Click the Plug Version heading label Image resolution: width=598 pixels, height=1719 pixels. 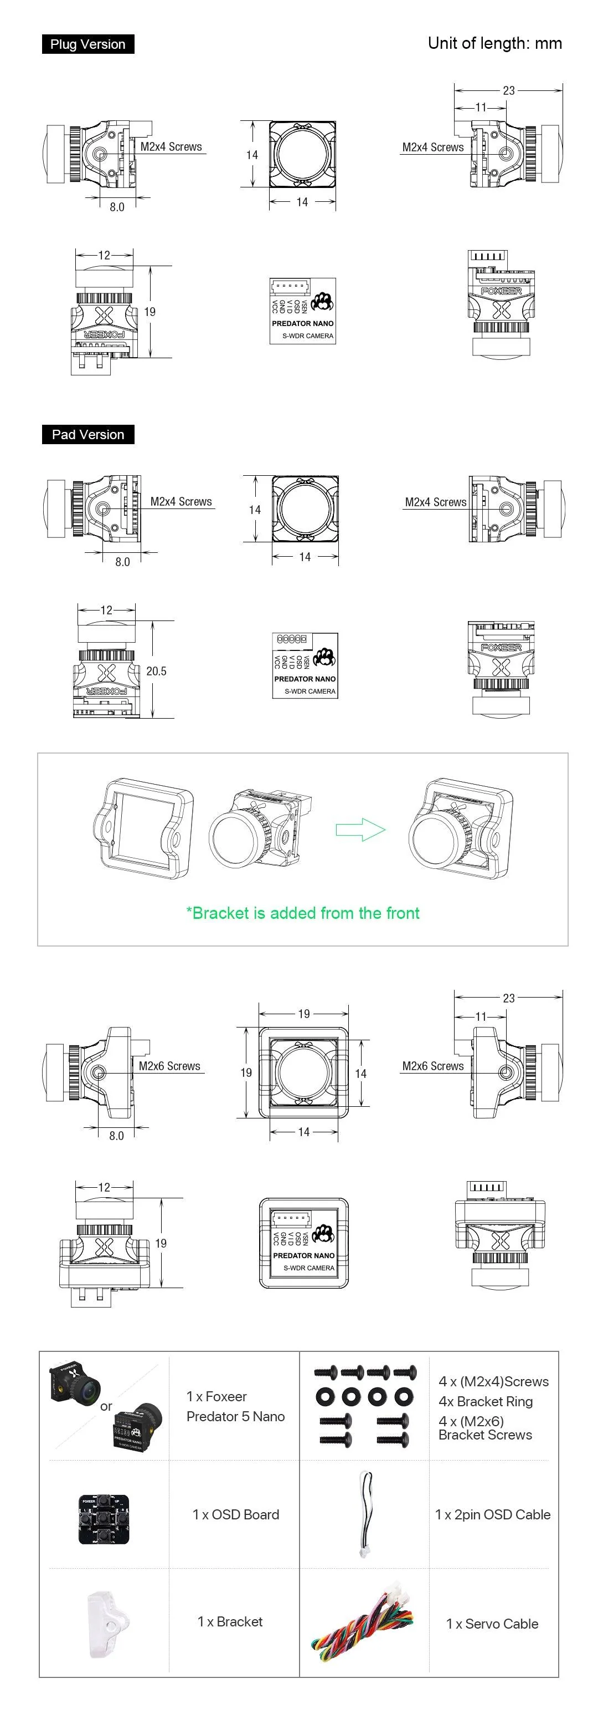point(87,44)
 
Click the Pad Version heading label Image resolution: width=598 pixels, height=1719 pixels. point(87,434)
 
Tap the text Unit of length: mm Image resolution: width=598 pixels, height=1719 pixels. point(494,43)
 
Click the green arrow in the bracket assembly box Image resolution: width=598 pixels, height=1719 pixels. point(360,830)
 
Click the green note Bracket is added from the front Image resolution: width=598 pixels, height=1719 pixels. point(303,913)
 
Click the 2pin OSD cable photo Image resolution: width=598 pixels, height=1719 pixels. point(366,1514)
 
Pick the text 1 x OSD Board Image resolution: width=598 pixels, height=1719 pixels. point(235,1515)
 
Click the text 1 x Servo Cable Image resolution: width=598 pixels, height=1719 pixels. point(492,1624)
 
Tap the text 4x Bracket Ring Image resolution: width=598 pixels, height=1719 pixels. point(486,1401)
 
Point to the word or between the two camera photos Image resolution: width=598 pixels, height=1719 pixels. point(106,1406)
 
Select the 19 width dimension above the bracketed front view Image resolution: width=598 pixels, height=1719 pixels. point(304,1014)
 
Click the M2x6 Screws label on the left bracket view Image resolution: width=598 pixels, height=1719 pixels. point(169,1066)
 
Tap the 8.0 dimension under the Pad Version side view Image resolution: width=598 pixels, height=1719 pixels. point(123,562)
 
